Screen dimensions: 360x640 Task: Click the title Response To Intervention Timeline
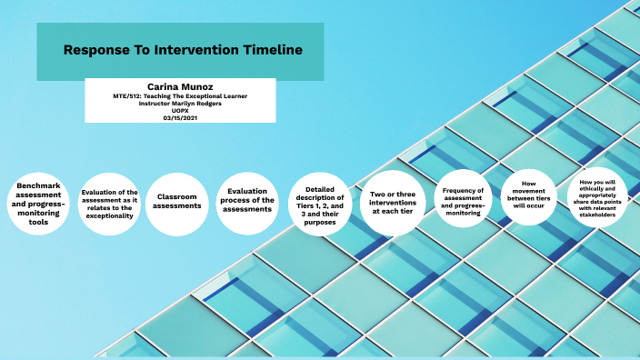click(x=182, y=51)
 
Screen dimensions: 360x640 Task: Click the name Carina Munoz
click(x=179, y=86)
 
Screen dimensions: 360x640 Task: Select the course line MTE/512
click(x=179, y=95)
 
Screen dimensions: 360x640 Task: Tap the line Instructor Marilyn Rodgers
click(x=179, y=103)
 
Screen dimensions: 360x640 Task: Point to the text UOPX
click(x=179, y=110)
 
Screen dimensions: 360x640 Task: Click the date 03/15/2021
click(x=179, y=117)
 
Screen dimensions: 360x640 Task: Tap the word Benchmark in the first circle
click(x=38, y=185)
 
